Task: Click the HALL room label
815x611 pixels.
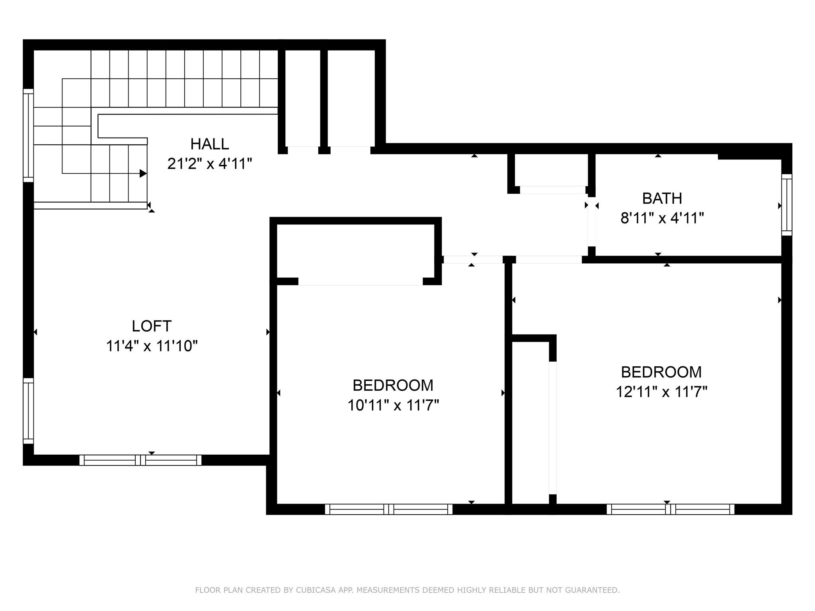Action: (x=210, y=144)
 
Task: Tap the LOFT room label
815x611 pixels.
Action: (x=152, y=326)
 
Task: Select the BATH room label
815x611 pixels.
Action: (x=662, y=198)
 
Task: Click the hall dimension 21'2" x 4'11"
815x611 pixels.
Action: (x=210, y=163)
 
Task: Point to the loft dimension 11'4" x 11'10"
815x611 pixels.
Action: (x=152, y=346)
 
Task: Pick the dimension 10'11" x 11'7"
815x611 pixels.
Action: (x=393, y=405)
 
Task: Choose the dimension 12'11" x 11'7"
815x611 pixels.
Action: (x=661, y=392)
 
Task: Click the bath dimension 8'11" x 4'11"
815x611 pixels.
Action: (x=662, y=218)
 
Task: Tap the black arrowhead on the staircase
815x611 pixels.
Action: (x=143, y=173)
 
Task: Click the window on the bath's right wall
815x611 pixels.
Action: (x=787, y=205)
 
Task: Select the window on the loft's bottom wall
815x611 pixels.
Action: (x=140, y=460)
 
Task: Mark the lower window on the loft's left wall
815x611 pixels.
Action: (x=28, y=411)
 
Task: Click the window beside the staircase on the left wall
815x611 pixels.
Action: (x=28, y=135)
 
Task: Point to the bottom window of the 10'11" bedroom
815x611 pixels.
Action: (x=389, y=509)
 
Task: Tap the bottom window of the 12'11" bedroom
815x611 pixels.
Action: (x=671, y=509)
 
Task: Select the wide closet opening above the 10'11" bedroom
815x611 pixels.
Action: (x=361, y=281)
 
